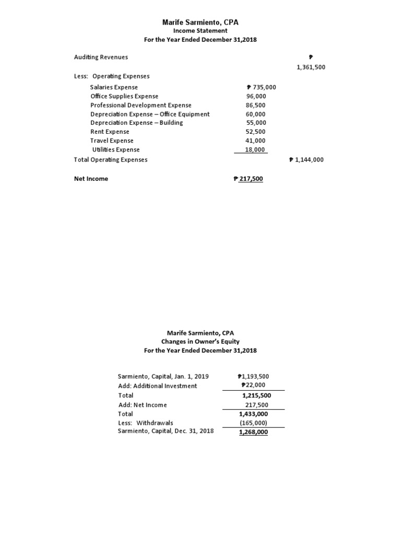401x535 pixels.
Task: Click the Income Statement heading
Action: pyautogui.click(x=200, y=31)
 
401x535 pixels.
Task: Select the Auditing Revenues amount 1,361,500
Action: pyautogui.click(x=310, y=67)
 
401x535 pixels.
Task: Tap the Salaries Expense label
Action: pyautogui.click(x=114, y=87)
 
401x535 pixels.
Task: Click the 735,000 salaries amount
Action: pyautogui.click(x=261, y=87)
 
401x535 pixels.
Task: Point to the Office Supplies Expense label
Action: pyautogui.click(x=124, y=96)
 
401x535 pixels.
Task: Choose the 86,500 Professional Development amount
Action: pyautogui.click(x=256, y=105)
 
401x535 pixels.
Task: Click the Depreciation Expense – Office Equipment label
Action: pyautogui.click(x=150, y=114)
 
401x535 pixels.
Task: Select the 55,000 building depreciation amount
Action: pyautogui.click(x=256, y=123)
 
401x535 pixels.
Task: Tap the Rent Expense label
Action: pyautogui.click(x=110, y=132)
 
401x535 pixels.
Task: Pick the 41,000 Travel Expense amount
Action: pyautogui.click(x=256, y=141)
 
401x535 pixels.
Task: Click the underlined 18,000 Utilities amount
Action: pyautogui.click(x=256, y=149)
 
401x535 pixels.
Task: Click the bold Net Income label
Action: pyautogui.click(x=91, y=179)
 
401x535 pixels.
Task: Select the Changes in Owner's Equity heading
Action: pyautogui.click(x=200, y=342)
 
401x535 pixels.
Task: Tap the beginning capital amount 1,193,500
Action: pyautogui.click(x=253, y=376)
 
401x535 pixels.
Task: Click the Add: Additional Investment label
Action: pyautogui.click(x=158, y=386)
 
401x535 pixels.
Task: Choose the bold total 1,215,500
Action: pyautogui.click(x=255, y=396)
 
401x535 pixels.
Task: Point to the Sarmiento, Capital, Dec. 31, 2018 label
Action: pyautogui.click(x=166, y=431)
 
